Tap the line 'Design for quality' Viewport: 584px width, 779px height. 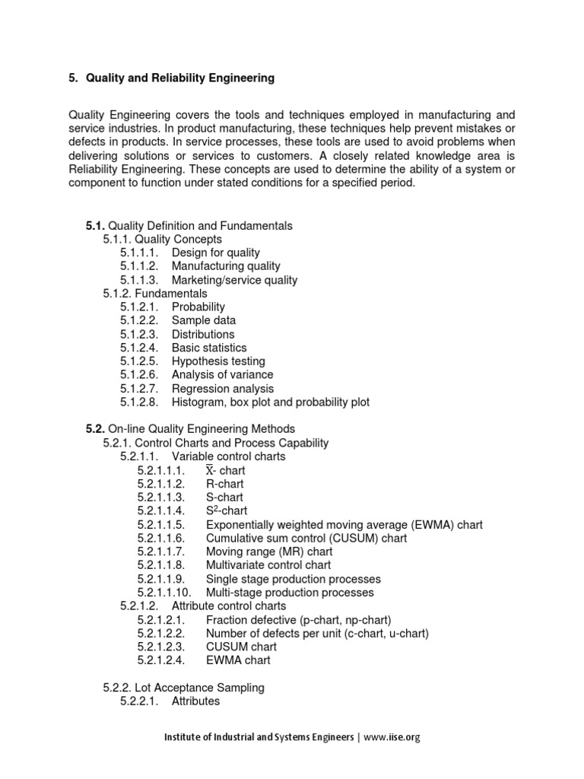pyautogui.click(x=215, y=253)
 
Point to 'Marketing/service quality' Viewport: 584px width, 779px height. pyautogui.click(x=234, y=280)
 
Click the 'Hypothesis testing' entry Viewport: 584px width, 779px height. pyautogui.click(x=218, y=361)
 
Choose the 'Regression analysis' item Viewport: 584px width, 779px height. pyautogui.click(x=223, y=389)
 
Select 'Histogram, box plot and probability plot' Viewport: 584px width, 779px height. pyautogui.click(x=271, y=402)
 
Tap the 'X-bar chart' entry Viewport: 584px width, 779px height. pyautogui.click(x=225, y=471)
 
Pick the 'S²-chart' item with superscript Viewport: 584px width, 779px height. pyautogui.click(x=226, y=511)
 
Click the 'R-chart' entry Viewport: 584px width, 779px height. pyautogui.click(x=225, y=484)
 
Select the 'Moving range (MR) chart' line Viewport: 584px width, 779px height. pyautogui.click(x=269, y=552)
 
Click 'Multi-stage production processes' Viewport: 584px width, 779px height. pyautogui.click(x=290, y=592)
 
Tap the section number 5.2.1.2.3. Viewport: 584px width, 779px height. pyautogui.click(x=161, y=647)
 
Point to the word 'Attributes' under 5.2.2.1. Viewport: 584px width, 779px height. pyautogui.click(x=195, y=701)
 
